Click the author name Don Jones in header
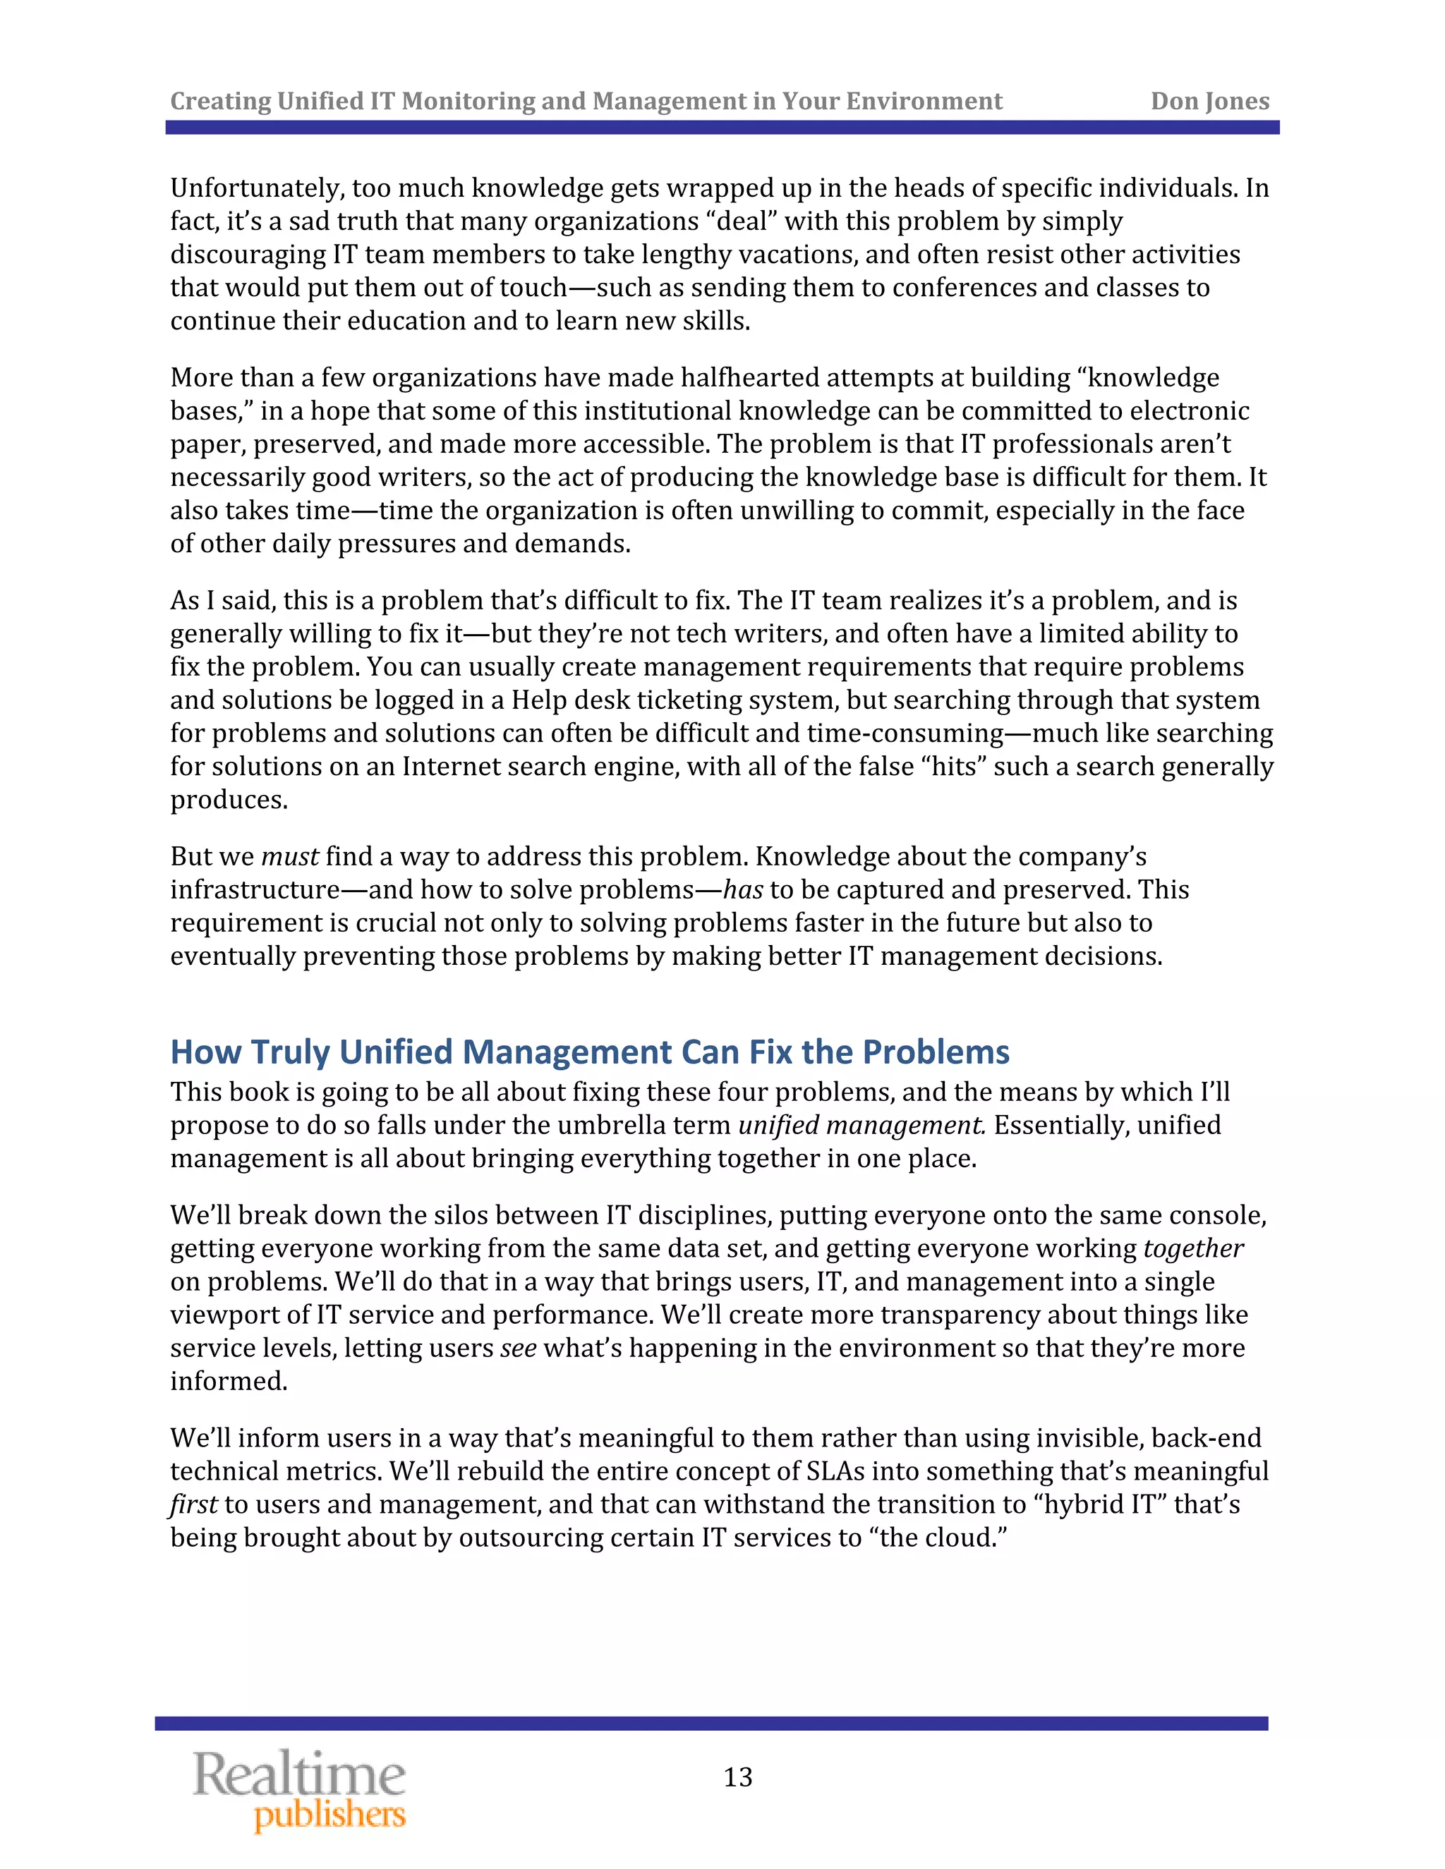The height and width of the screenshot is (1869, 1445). (1209, 101)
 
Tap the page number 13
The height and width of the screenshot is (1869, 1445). (738, 1777)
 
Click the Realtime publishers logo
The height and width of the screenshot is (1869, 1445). (300, 1789)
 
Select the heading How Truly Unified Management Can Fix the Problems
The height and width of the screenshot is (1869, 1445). (590, 1052)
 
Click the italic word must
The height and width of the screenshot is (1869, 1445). (289, 857)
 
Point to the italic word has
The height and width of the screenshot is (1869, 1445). (742, 890)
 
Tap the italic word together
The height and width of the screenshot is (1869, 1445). (1192, 1248)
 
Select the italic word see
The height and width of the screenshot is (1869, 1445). (518, 1348)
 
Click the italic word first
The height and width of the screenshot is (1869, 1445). (193, 1504)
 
